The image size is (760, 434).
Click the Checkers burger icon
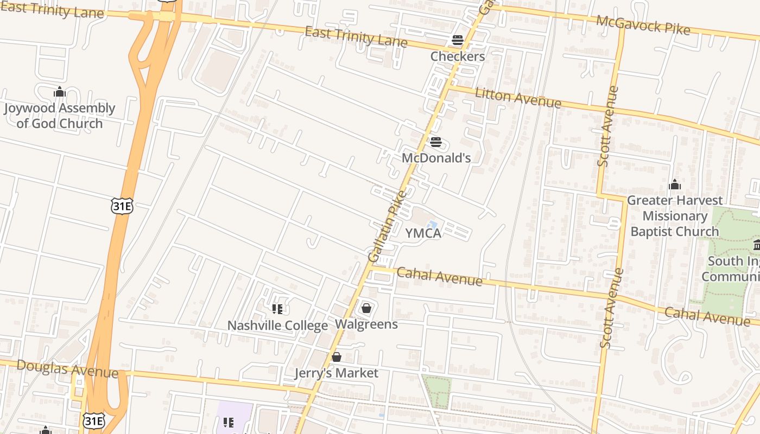[458, 40]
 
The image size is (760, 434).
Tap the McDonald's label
[436, 158]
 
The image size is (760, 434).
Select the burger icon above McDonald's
[436, 142]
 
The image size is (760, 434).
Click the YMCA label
[423, 233]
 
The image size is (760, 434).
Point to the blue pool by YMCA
[433, 225]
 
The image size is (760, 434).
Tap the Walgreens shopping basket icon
[366, 309]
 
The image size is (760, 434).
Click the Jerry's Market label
[336, 373]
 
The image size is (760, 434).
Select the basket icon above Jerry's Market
[337, 357]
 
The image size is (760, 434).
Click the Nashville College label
[277, 325]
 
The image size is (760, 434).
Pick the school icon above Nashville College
[277, 309]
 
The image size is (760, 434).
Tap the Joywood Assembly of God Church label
[60, 116]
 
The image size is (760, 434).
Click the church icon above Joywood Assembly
[60, 92]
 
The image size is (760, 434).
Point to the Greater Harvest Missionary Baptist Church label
[675, 216]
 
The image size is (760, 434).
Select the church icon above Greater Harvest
[675, 184]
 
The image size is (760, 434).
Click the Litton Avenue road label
[518, 98]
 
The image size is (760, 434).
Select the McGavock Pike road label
[643, 25]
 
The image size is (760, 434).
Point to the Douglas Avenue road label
[67, 368]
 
